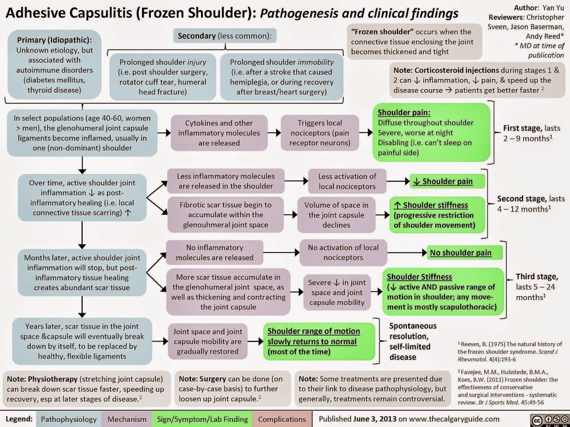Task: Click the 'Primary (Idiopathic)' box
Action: coord(54,64)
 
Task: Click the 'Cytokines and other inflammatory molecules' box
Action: coord(219,133)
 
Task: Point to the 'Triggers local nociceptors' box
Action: coord(319,133)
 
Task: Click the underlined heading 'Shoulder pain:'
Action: coord(404,112)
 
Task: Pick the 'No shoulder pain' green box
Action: coord(460,252)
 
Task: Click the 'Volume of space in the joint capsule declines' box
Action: coord(336,214)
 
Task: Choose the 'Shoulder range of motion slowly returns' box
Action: coord(318,341)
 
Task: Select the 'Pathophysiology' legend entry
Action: coord(69,419)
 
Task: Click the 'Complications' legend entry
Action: coord(281,419)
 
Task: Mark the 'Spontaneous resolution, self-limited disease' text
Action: coord(413,341)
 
